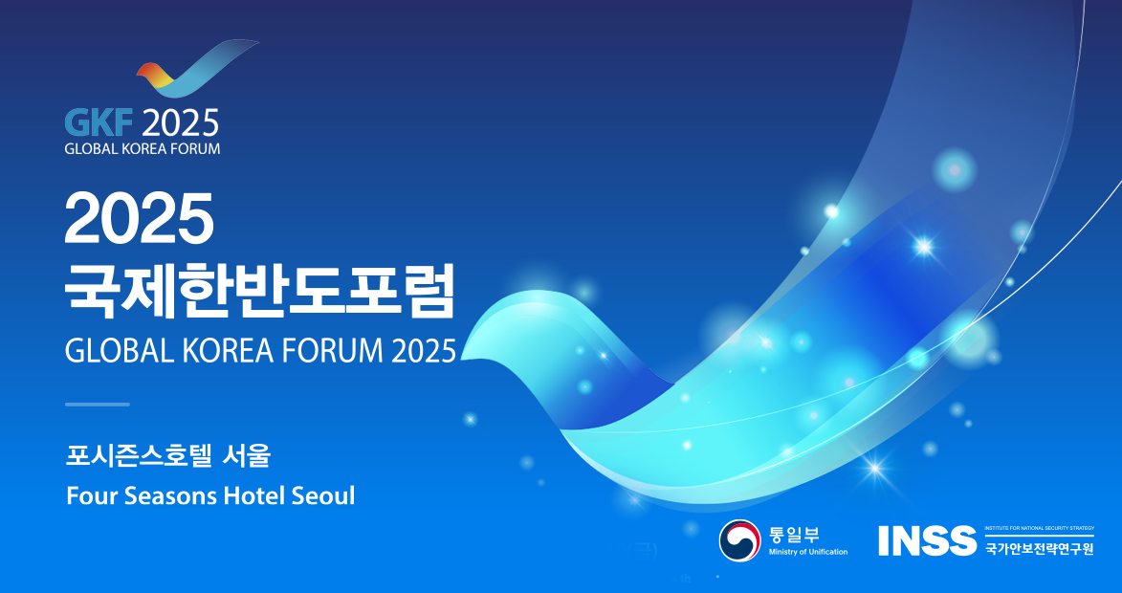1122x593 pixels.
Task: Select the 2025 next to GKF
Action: pyautogui.click(x=181, y=123)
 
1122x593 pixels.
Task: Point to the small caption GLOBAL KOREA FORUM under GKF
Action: pyautogui.click(x=143, y=149)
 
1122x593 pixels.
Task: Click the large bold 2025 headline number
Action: pyautogui.click(x=140, y=218)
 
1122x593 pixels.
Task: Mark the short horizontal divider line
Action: pyautogui.click(x=98, y=405)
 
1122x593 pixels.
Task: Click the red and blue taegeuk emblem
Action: pyautogui.click(x=739, y=540)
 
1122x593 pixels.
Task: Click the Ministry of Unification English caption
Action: pyautogui.click(x=808, y=552)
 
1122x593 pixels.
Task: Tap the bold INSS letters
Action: pyautogui.click(x=927, y=540)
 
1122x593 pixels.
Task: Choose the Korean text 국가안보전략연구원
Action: pyautogui.click(x=1039, y=549)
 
